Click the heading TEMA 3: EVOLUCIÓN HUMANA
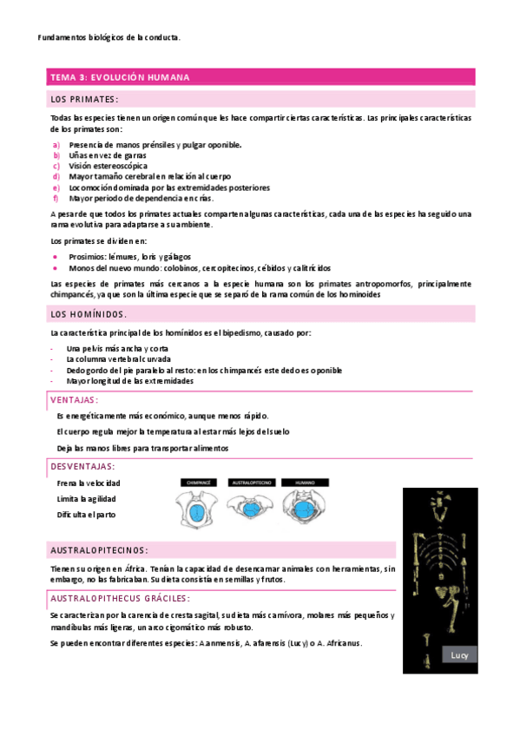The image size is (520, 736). pyautogui.click(x=120, y=78)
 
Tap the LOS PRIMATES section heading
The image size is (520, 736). pyautogui.click(x=84, y=98)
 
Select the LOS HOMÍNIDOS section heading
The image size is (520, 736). pyautogui.click(x=89, y=313)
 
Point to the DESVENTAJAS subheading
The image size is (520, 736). pyautogui.click(x=83, y=466)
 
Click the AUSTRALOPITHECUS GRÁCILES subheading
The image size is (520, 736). pyautogui.click(x=121, y=598)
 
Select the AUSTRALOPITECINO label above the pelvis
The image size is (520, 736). pyautogui.click(x=252, y=482)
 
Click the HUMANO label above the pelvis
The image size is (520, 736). pyautogui.click(x=304, y=482)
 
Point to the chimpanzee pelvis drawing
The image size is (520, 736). pyautogui.click(x=197, y=508)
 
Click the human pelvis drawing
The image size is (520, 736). pyautogui.click(x=305, y=508)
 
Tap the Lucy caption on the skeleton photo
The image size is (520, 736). pyautogui.click(x=458, y=655)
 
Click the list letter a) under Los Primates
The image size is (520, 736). pyautogui.click(x=56, y=145)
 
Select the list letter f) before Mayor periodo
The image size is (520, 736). pyautogui.click(x=56, y=198)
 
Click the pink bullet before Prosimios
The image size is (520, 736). pyautogui.click(x=56, y=257)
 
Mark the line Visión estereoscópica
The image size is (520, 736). pyautogui.click(x=109, y=166)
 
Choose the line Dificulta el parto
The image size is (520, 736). pyautogui.click(x=86, y=515)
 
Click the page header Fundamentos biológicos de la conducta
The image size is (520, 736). pyautogui.click(x=110, y=37)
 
